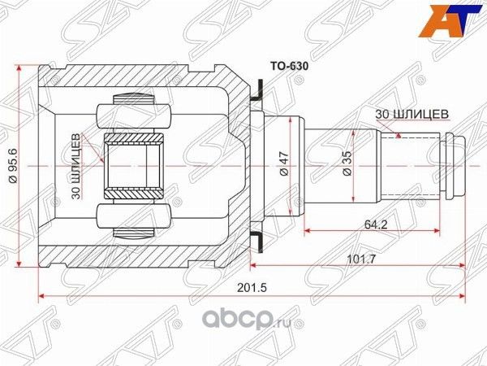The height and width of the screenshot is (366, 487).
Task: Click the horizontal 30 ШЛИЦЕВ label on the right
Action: click(411, 114)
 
